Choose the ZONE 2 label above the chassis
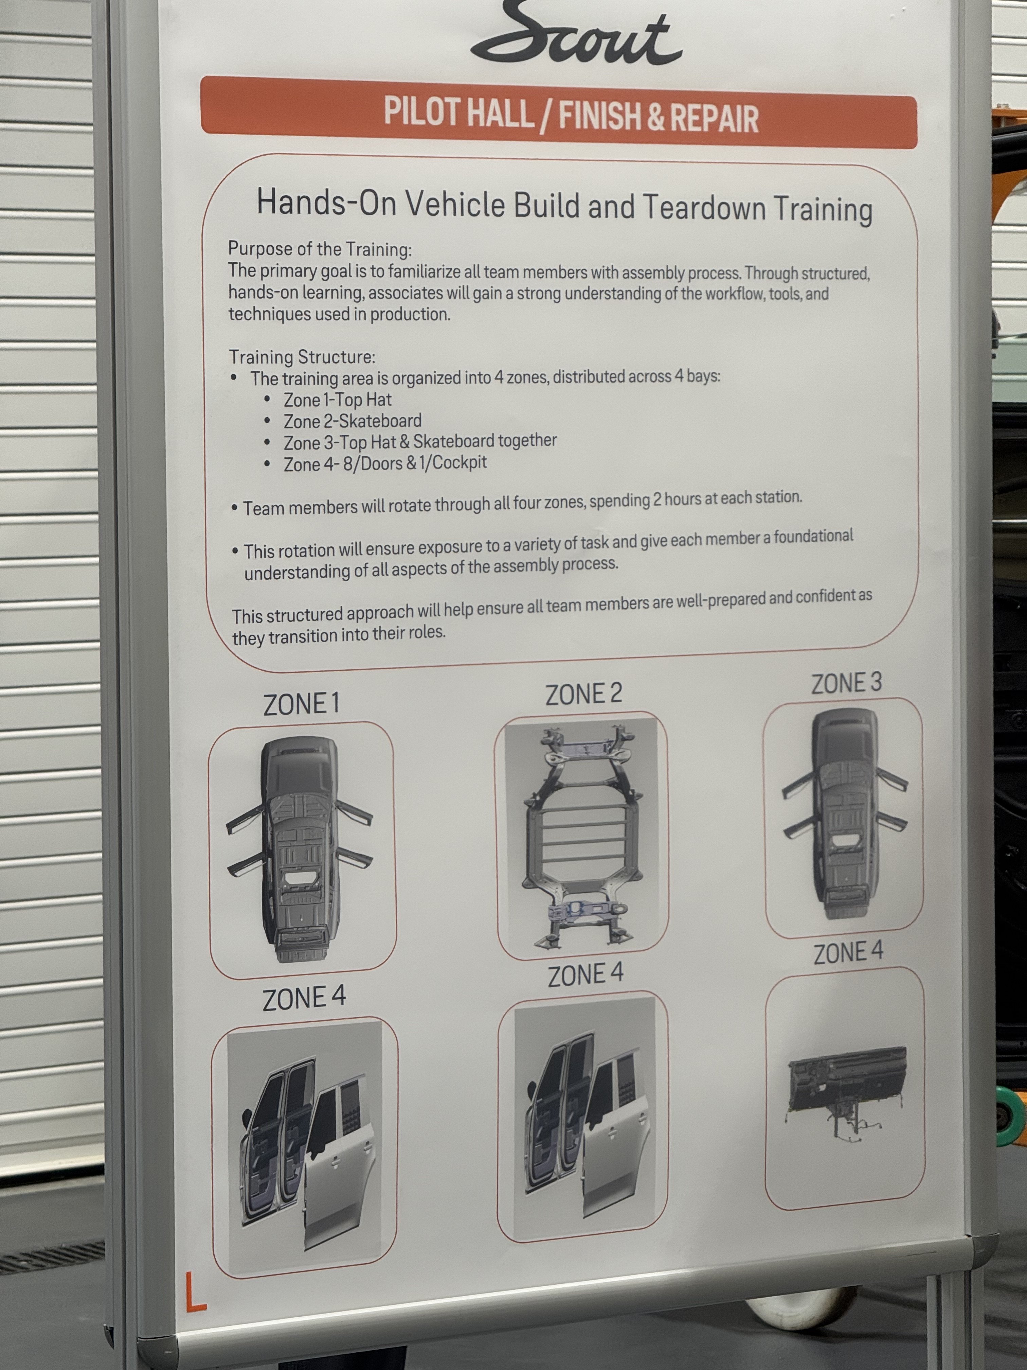point(583,694)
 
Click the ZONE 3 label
point(846,684)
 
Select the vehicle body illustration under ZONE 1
point(300,848)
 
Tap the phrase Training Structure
point(302,357)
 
